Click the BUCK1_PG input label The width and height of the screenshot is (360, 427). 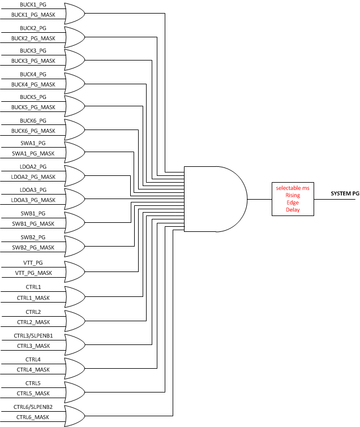point(33,5)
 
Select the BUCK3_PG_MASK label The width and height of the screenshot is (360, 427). point(33,61)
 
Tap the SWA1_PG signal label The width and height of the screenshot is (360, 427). point(33,144)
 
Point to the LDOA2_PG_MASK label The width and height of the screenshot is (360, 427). point(33,176)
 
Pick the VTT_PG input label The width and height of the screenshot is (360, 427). point(33,263)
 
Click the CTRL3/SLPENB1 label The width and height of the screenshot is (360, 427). point(33,336)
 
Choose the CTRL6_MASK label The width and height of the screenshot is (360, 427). point(33,417)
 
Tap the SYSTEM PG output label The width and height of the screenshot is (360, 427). point(345,193)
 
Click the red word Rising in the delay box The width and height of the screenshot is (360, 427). point(292,195)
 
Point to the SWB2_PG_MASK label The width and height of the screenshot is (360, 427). point(33,248)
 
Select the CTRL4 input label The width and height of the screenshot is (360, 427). point(33,360)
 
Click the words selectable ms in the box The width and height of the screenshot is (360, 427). point(292,187)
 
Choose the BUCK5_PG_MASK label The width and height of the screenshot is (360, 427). point(33,107)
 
